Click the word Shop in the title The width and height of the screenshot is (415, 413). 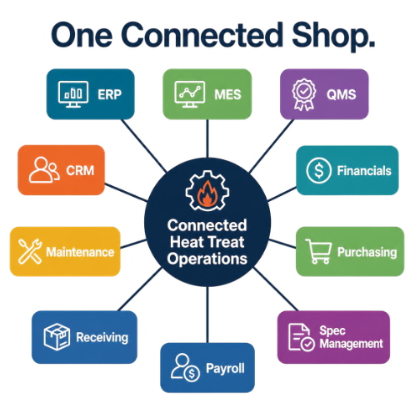[x=333, y=36]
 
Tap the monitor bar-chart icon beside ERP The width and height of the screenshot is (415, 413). [x=73, y=94]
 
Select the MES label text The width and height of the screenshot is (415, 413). [x=227, y=94]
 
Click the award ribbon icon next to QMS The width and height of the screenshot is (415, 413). [x=304, y=94]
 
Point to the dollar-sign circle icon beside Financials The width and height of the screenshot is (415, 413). [x=318, y=170]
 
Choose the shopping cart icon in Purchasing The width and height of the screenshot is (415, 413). [x=318, y=251]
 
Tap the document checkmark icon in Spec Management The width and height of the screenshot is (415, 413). [x=301, y=337]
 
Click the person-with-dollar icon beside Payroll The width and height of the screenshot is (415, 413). [x=185, y=367]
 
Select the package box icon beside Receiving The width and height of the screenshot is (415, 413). [x=57, y=336]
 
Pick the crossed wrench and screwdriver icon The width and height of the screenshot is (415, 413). [x=30, y=251]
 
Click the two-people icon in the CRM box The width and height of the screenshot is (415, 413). [x=44, y=170]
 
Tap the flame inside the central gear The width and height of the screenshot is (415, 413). [x=207, y=194]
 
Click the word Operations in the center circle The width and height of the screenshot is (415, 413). [x=207, y=259]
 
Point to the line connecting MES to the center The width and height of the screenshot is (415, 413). [x=207, y=139]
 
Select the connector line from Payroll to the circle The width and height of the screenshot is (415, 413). [x=207, y=315]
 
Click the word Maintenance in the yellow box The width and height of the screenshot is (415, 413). [x=80, y=252]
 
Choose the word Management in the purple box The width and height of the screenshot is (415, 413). [x=351, y=344]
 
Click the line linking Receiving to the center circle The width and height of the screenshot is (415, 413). [x=140, y=290]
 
